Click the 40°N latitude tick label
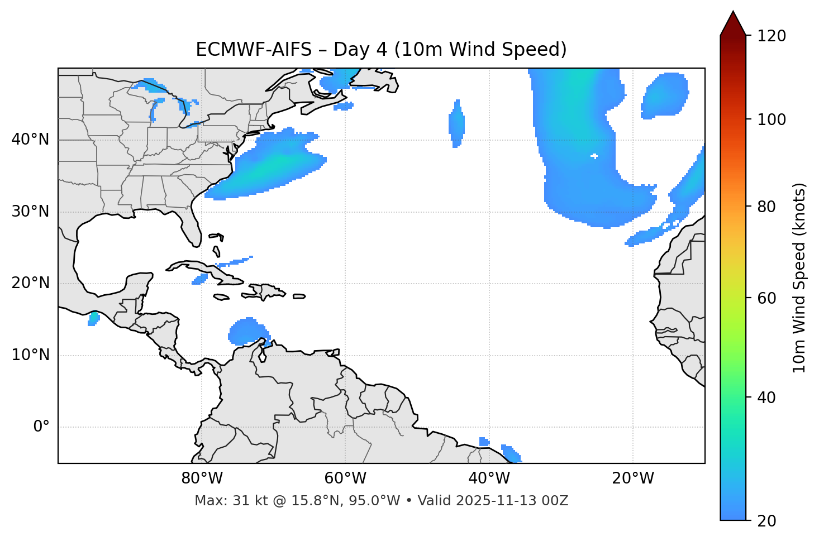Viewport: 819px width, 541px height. [x=30, y=140]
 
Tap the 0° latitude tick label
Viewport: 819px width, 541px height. [x=41, y=427]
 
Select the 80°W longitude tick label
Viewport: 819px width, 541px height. [x=202, y=478]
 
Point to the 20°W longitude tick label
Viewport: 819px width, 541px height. [x=633, y=478]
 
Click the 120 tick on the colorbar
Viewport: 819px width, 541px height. [x=773, y=36]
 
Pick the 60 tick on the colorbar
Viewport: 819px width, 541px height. [x=768, y=298]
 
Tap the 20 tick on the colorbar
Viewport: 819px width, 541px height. [x=768, y=521]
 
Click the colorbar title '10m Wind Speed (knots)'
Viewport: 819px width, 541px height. [x=799, y=277]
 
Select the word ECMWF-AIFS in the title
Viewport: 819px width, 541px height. [x=254, y=50]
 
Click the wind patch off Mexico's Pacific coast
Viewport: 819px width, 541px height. [x=93, y=319]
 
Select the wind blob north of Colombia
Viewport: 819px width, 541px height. [x=246, y=331]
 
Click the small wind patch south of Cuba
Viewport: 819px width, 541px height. [x=199, y=279]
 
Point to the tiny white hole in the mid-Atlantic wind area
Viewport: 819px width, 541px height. [x=594, y=156]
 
